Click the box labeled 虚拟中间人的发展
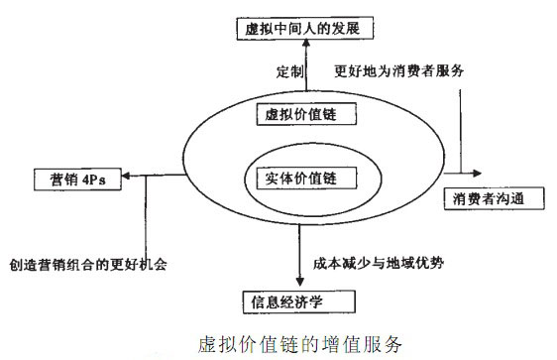point(294,29)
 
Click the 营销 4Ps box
point(71,180)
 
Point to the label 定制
point(288,72)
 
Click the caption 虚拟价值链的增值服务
point(293,343)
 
